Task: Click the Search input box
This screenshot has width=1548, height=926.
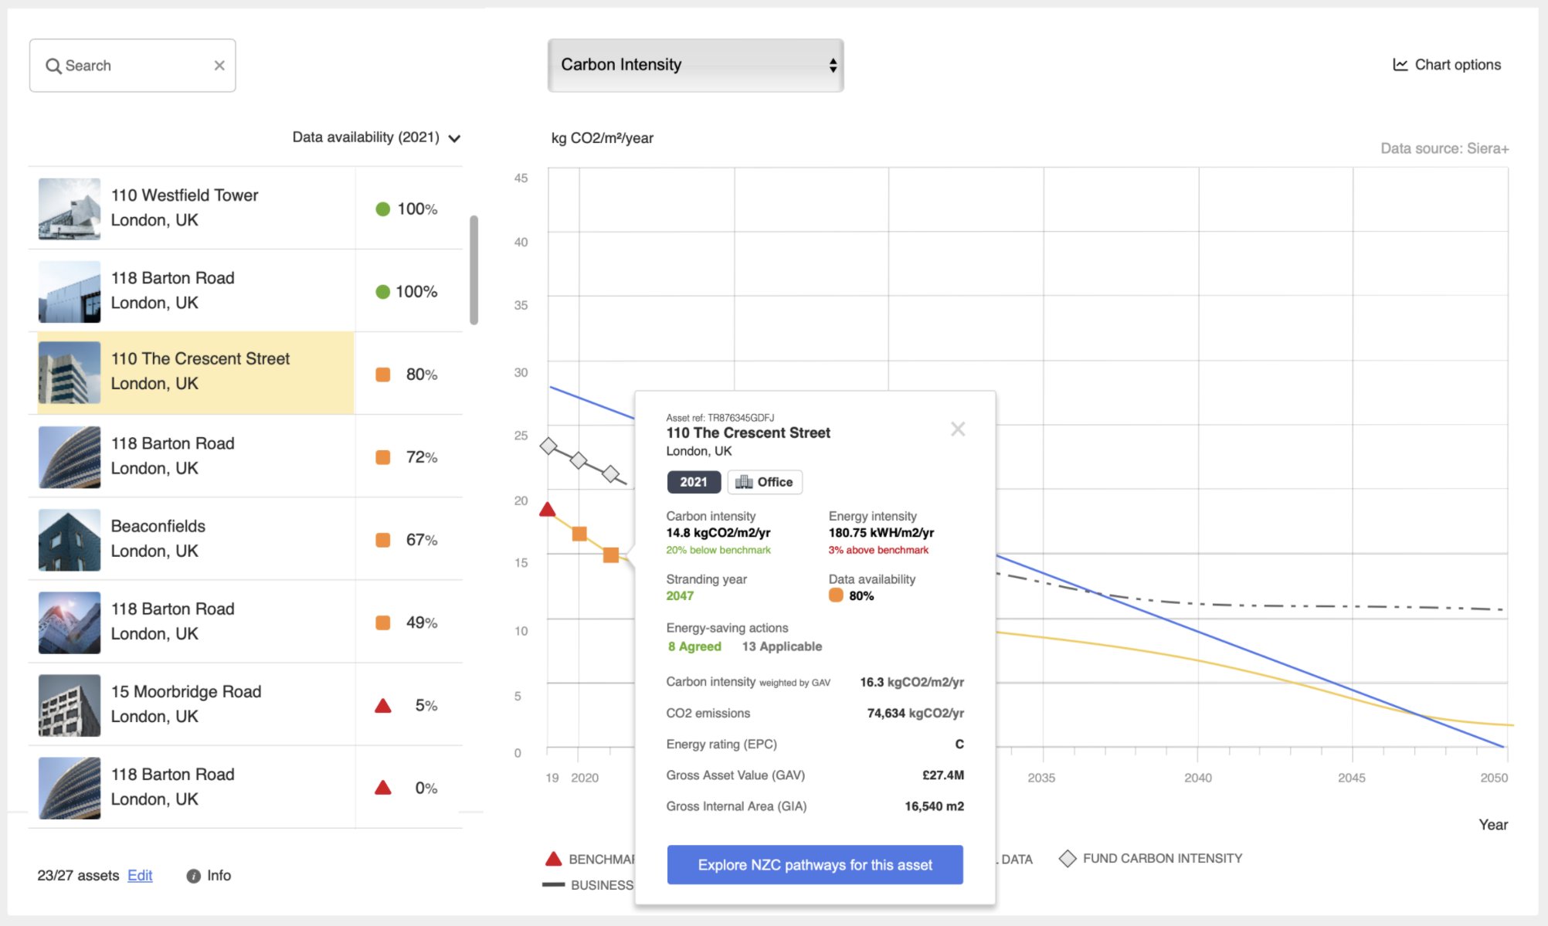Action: click(x=132, y=66)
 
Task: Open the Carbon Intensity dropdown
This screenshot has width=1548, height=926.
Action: click(x=695, y=65)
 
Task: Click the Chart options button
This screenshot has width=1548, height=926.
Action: click(x=1447, y=65)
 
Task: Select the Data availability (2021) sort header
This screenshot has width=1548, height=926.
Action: click(x=376, y=137)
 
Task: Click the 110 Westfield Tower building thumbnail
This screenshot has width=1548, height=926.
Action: click(x=70, y=209)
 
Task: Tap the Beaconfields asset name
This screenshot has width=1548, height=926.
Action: click(x=158, y=526)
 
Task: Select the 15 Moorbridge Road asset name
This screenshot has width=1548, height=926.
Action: click(x=186, y=691)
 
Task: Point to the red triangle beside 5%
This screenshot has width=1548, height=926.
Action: click(x=383, y=706)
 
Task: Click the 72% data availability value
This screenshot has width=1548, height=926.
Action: click(x=422, y=457)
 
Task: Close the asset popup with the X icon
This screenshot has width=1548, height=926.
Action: click(x=958, y=429)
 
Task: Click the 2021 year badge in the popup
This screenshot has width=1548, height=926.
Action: click(x=694, y=482)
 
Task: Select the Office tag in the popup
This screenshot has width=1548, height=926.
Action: click(x=765, y=482)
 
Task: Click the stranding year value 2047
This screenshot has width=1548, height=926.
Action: click(x=680, y=595)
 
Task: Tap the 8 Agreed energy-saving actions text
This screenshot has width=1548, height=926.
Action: click(x=694, y=646)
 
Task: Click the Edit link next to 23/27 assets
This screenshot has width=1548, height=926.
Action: click(x=140, y=875)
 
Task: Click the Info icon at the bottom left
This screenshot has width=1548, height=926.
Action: click(x=193, y=876)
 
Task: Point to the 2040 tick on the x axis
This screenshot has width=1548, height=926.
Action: click(x=1198, y=778)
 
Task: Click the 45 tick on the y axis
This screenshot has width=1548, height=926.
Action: click(x=521, y=178)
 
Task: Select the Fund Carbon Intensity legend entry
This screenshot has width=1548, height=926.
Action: click(x=1151, y=858)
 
